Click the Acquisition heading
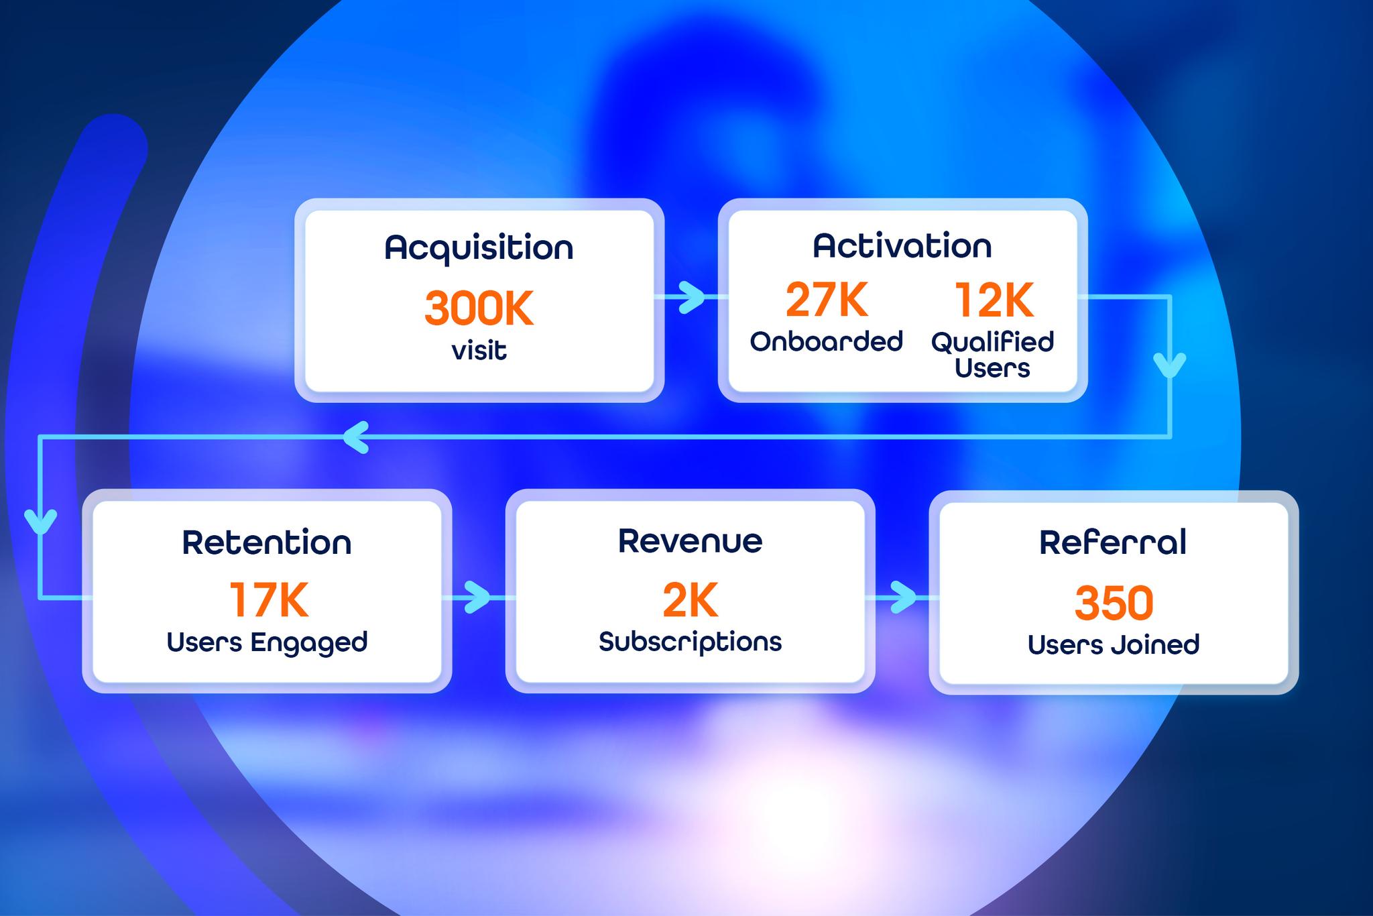click(479, 248)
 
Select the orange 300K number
click(479, 308)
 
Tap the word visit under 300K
click(479, 351)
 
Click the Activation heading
click(902, 245)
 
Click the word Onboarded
click(826, 341)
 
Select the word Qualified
click(992, 343)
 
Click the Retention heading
click(267, 542)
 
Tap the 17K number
click(269, 599)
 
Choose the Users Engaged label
click(267, 643)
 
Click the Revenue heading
click(690, 541)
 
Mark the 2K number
click(690, 600)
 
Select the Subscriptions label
click(690, 642)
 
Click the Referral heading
click(1113, 542)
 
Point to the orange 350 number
click(1114, 603)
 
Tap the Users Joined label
click(1113, 645)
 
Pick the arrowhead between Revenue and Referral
click(904, 597)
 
